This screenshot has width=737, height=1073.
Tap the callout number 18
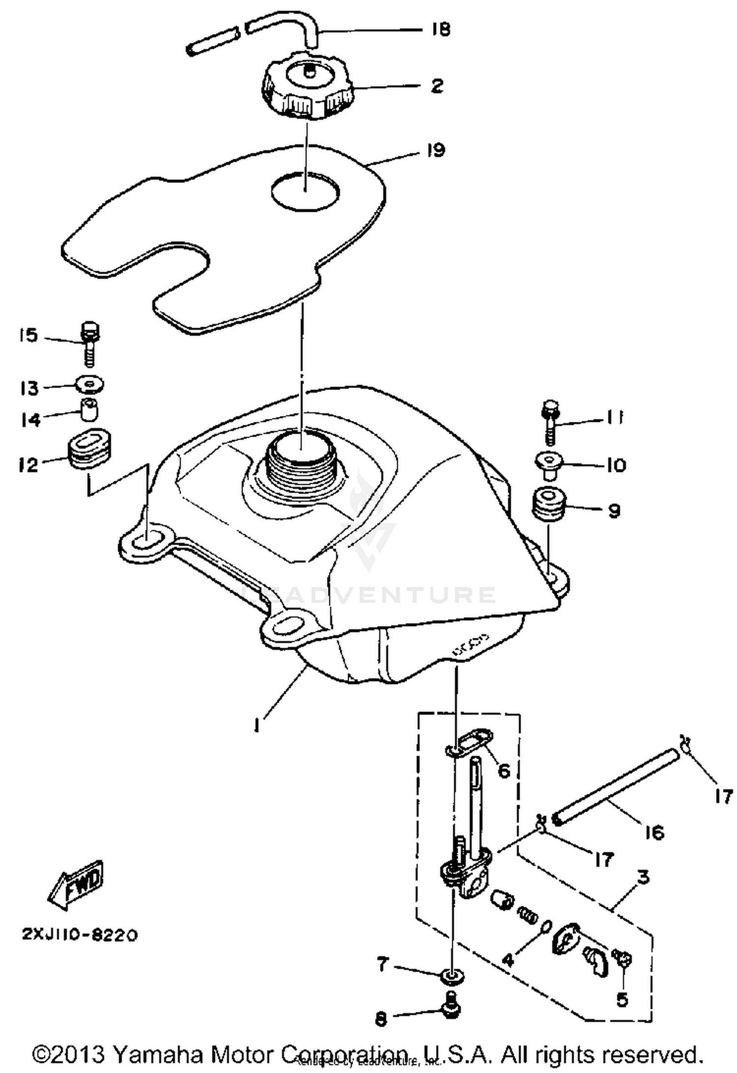441,29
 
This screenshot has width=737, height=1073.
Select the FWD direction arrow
77,885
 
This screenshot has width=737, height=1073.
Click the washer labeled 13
89,384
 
